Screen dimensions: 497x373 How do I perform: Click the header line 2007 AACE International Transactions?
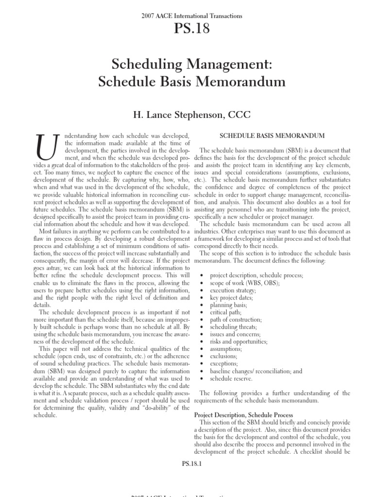(x=186, y=16)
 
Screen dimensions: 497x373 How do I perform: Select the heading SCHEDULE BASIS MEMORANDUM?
(x=272, y=135)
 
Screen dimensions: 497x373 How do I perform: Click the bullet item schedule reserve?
(x=231, y=378)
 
